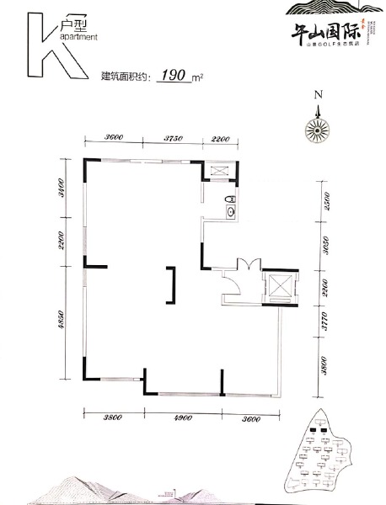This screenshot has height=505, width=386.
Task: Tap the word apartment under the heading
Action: tap(78, 38)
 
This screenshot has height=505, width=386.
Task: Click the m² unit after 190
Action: tap(200, 77)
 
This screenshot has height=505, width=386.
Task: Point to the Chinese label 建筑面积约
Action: tap(126, 77)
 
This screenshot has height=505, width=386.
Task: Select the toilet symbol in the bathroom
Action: tap(228, 199)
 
